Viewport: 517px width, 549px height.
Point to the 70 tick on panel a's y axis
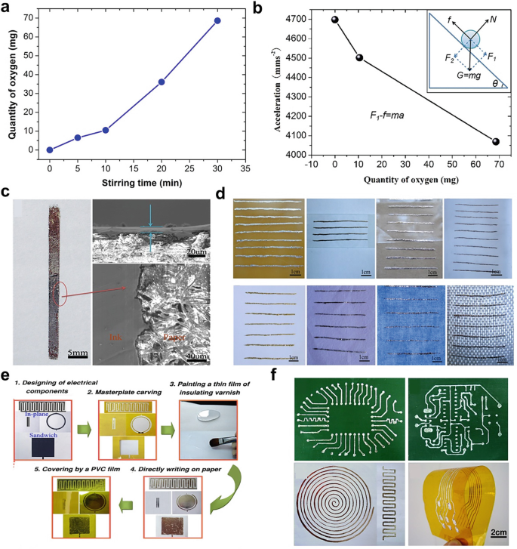point(36,17)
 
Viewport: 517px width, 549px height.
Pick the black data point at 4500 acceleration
point(359,57)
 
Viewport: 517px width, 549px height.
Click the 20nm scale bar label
point(198,250)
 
